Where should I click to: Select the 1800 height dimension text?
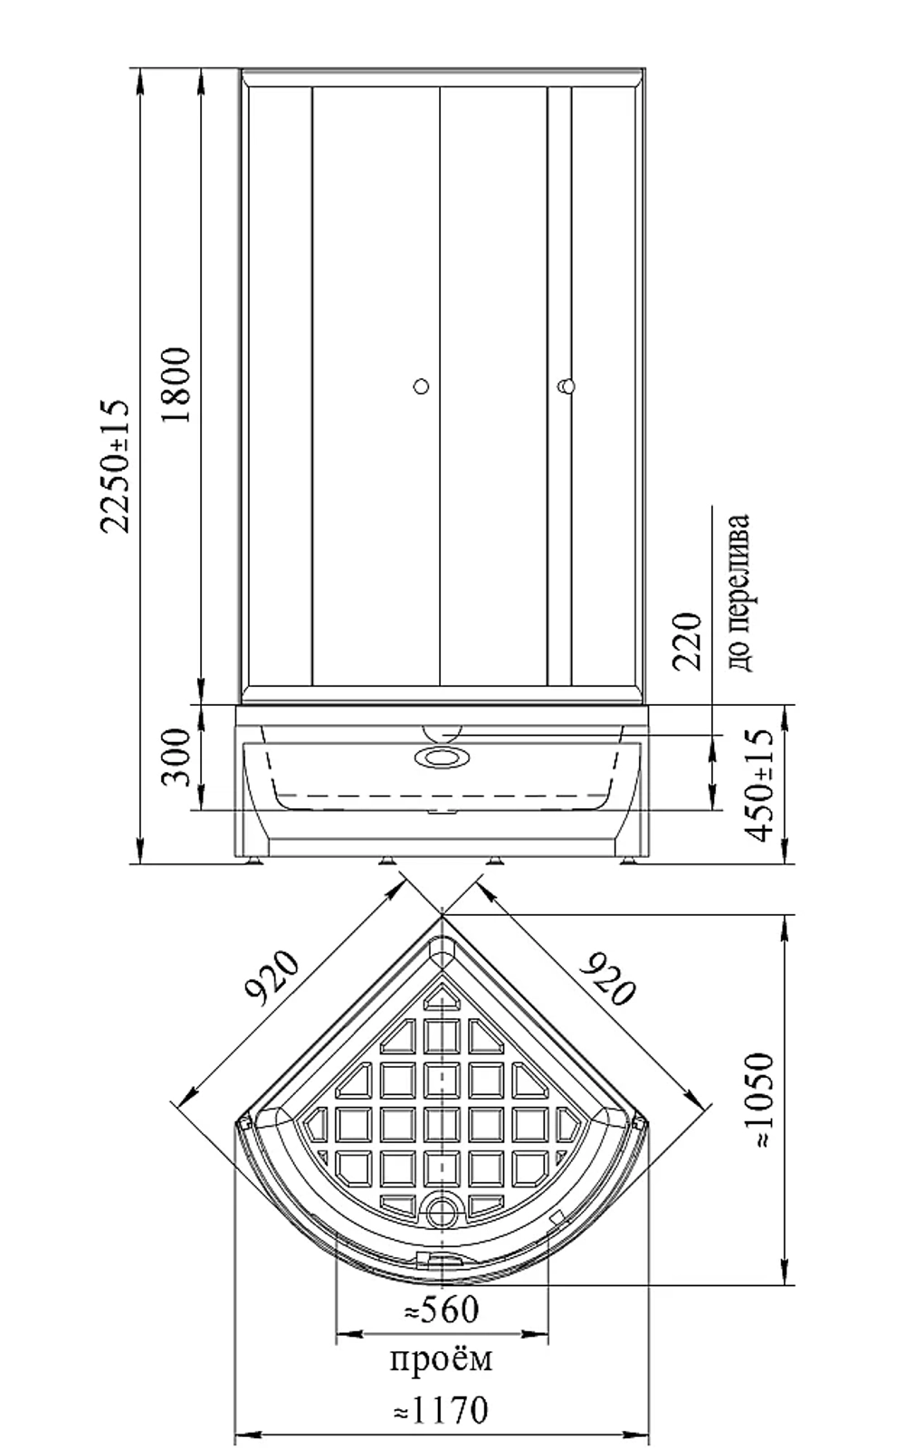[176, 386]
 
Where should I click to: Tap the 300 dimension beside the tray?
[176, 757]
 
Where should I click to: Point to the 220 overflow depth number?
[687, 642]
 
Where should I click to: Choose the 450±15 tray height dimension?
[759, 786]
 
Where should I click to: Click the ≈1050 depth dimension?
[759, 1100]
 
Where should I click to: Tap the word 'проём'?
[441, 1359]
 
